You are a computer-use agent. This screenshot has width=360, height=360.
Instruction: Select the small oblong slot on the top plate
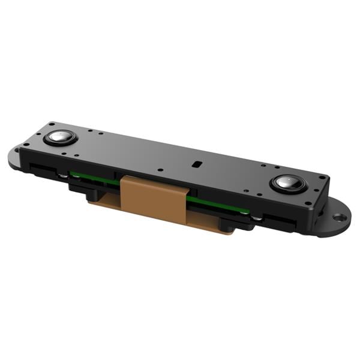196,163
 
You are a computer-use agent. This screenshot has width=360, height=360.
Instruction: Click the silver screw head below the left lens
63,175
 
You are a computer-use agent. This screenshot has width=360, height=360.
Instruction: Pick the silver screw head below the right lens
257,218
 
